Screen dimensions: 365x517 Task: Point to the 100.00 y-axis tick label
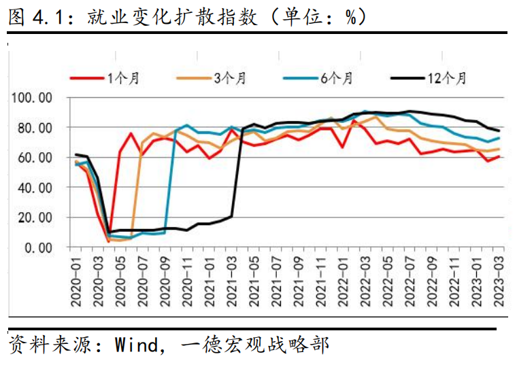[x=32, y=98]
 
